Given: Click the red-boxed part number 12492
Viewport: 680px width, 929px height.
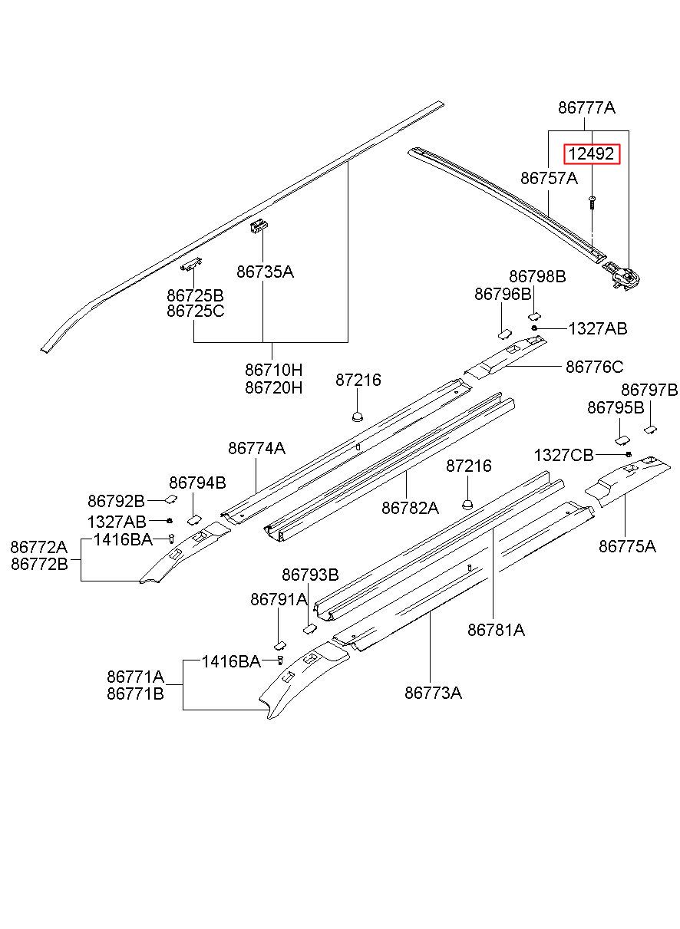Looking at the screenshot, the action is [x=591, y=154].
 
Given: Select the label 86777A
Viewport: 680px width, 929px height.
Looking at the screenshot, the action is [x=586, y=108].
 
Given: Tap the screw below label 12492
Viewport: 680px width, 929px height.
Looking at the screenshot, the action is [x=592, y=203].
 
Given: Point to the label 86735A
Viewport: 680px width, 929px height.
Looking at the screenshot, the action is [x=265, y=272].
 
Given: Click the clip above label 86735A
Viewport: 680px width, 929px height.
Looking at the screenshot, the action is [x=259, y=226].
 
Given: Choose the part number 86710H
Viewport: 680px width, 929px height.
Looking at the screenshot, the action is [x=273, y=370].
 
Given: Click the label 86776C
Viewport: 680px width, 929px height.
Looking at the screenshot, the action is [x=594, y=367].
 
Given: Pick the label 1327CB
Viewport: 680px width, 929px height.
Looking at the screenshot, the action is [x=563, y=456].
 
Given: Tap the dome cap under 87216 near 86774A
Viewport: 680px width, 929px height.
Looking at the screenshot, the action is [x=357, y=417].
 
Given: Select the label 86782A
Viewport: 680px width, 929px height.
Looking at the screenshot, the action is [x=410, y=508].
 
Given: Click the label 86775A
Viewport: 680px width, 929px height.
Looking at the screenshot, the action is [x=627, y=547].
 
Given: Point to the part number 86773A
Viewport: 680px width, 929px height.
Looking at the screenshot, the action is [x=433, y=693].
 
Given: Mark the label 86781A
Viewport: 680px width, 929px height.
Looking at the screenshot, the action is [x=496, y=630].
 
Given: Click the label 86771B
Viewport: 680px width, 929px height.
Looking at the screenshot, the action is [x=135, y=693].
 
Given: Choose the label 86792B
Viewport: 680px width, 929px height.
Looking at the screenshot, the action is [x=116, y=502].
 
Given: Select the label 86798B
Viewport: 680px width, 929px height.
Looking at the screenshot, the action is [x=537, y=277].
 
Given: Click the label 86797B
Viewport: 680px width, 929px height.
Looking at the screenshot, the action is [x=649, y=390].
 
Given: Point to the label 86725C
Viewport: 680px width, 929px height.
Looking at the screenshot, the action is [x=196, y=311].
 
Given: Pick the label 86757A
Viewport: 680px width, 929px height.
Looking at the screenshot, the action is [x=549, y=178].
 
